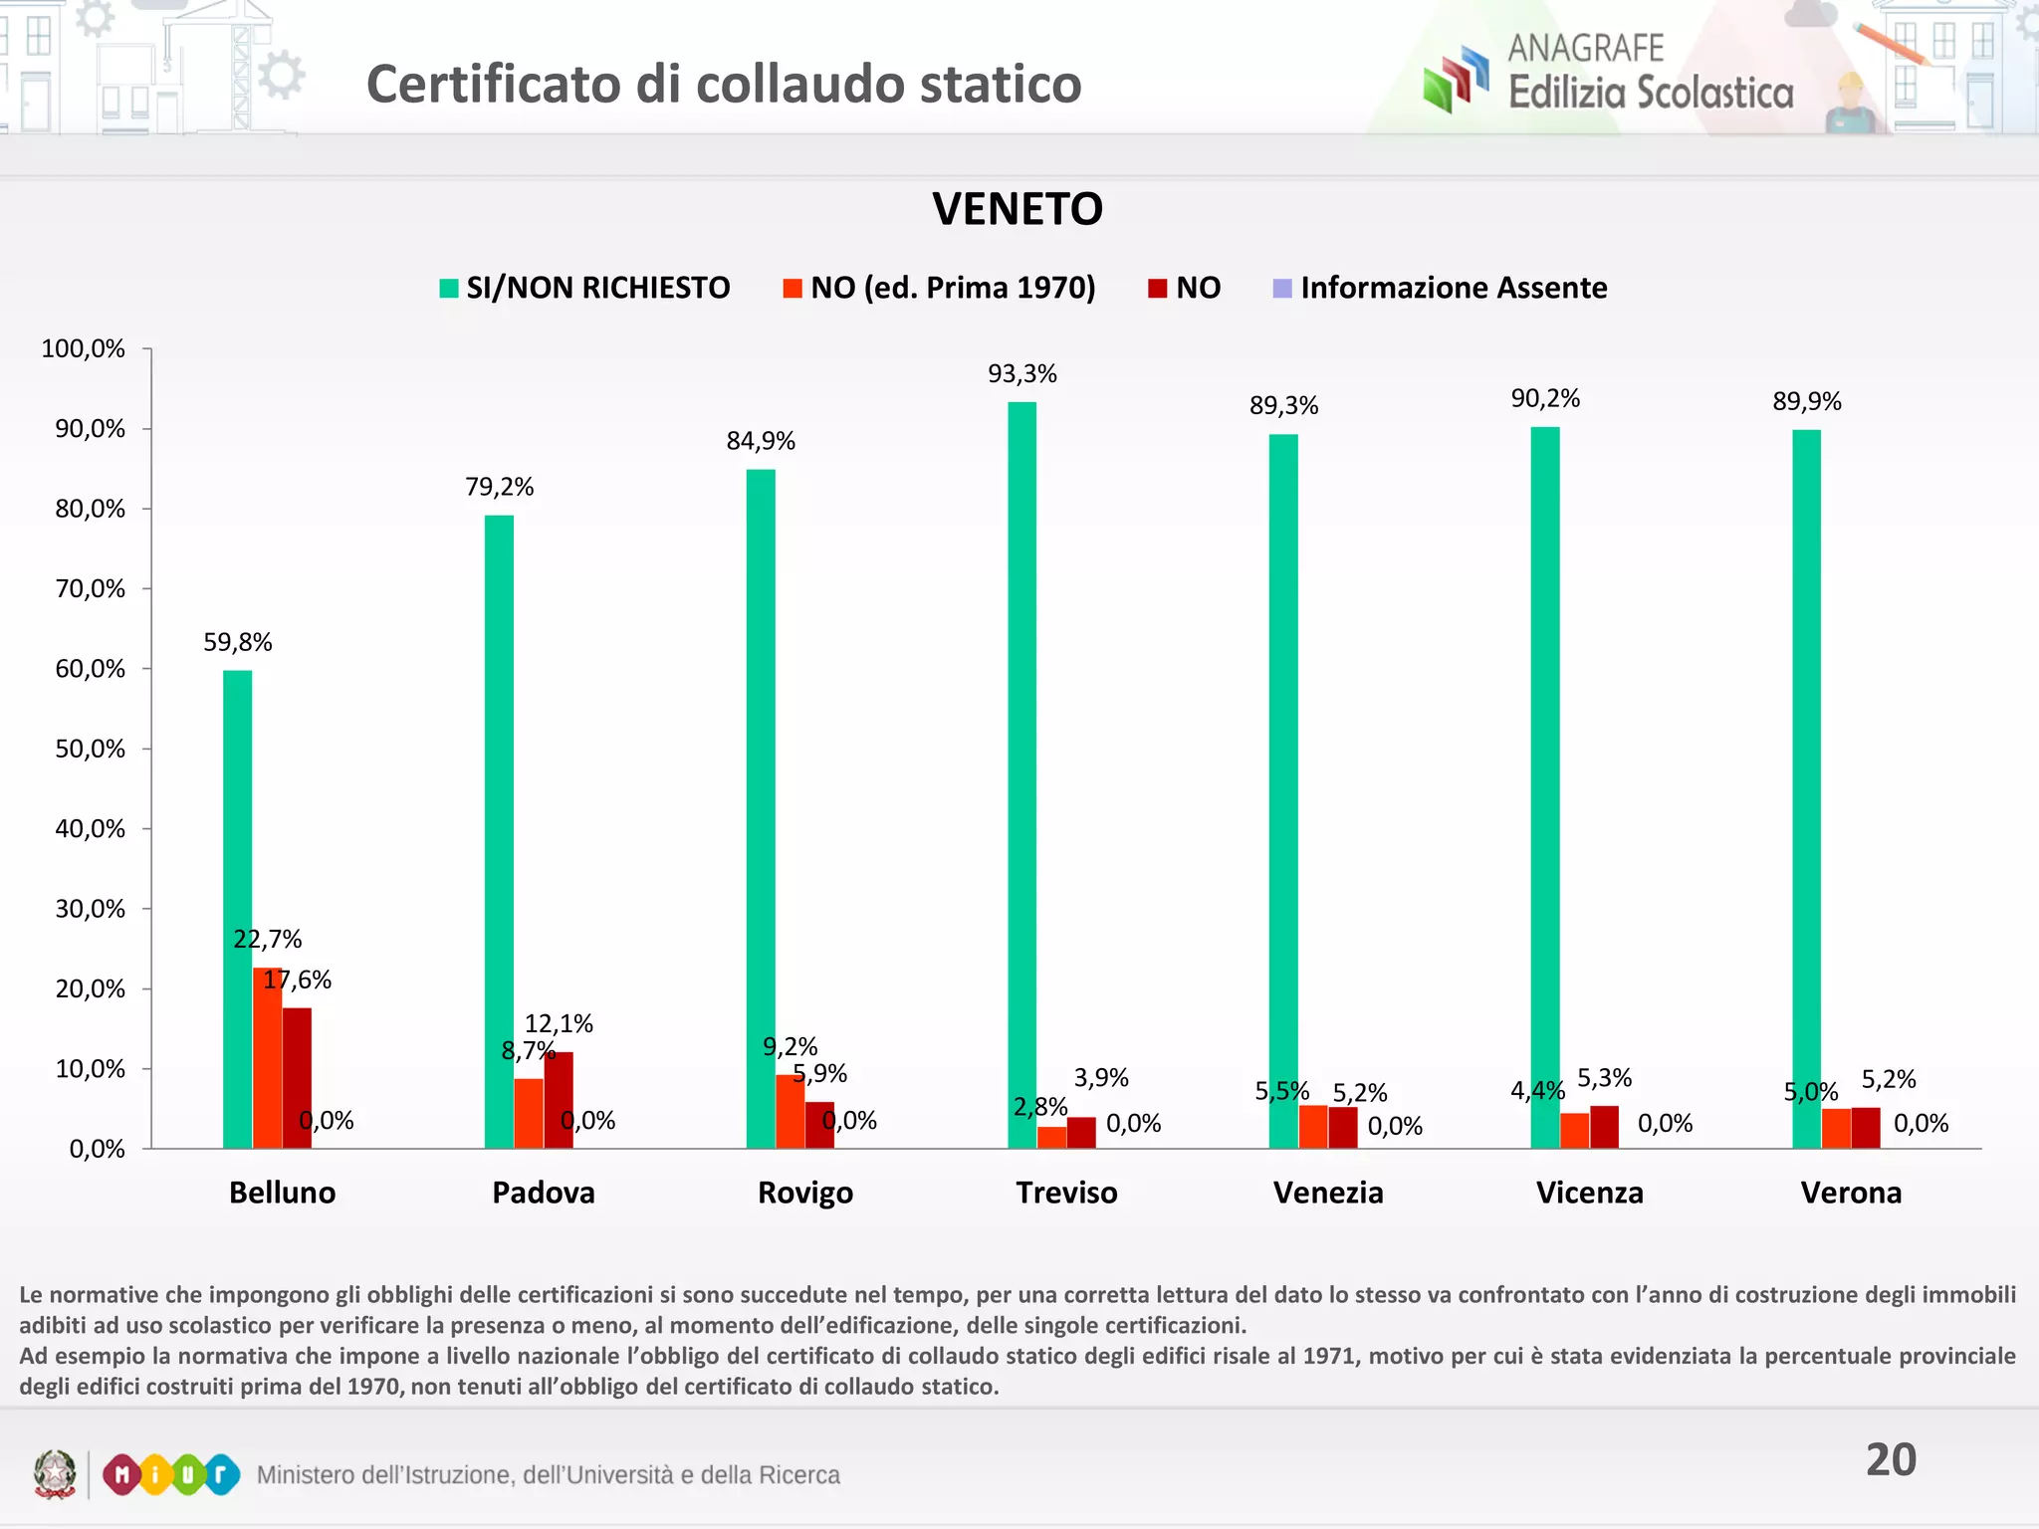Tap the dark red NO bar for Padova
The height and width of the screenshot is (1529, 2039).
[x=559, y=1100]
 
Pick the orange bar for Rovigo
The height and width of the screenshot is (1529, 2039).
[x=790, y=1111]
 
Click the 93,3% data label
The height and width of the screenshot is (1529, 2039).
[x=1021, y=374]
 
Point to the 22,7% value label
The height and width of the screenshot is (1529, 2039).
[x=267, y=939]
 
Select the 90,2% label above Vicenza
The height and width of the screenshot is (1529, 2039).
[x=1545, y=398]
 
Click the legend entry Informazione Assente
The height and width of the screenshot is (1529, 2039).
[x=1440, y=288]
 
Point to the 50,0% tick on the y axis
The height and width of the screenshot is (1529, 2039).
[x=90, y=749]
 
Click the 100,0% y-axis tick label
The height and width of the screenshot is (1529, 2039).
[x=83, y=348]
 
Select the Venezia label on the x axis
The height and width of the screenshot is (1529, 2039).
[x=1328, y=1193]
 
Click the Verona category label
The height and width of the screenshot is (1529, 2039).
[x=1851, y=1193]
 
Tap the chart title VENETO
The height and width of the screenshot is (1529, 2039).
[x=1018, y=209]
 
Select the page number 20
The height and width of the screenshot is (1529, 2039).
[x=1891, y=1459]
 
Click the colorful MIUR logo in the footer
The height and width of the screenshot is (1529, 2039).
[x=171, y=1474]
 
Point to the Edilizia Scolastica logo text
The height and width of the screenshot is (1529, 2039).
[x=1650, y=93]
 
